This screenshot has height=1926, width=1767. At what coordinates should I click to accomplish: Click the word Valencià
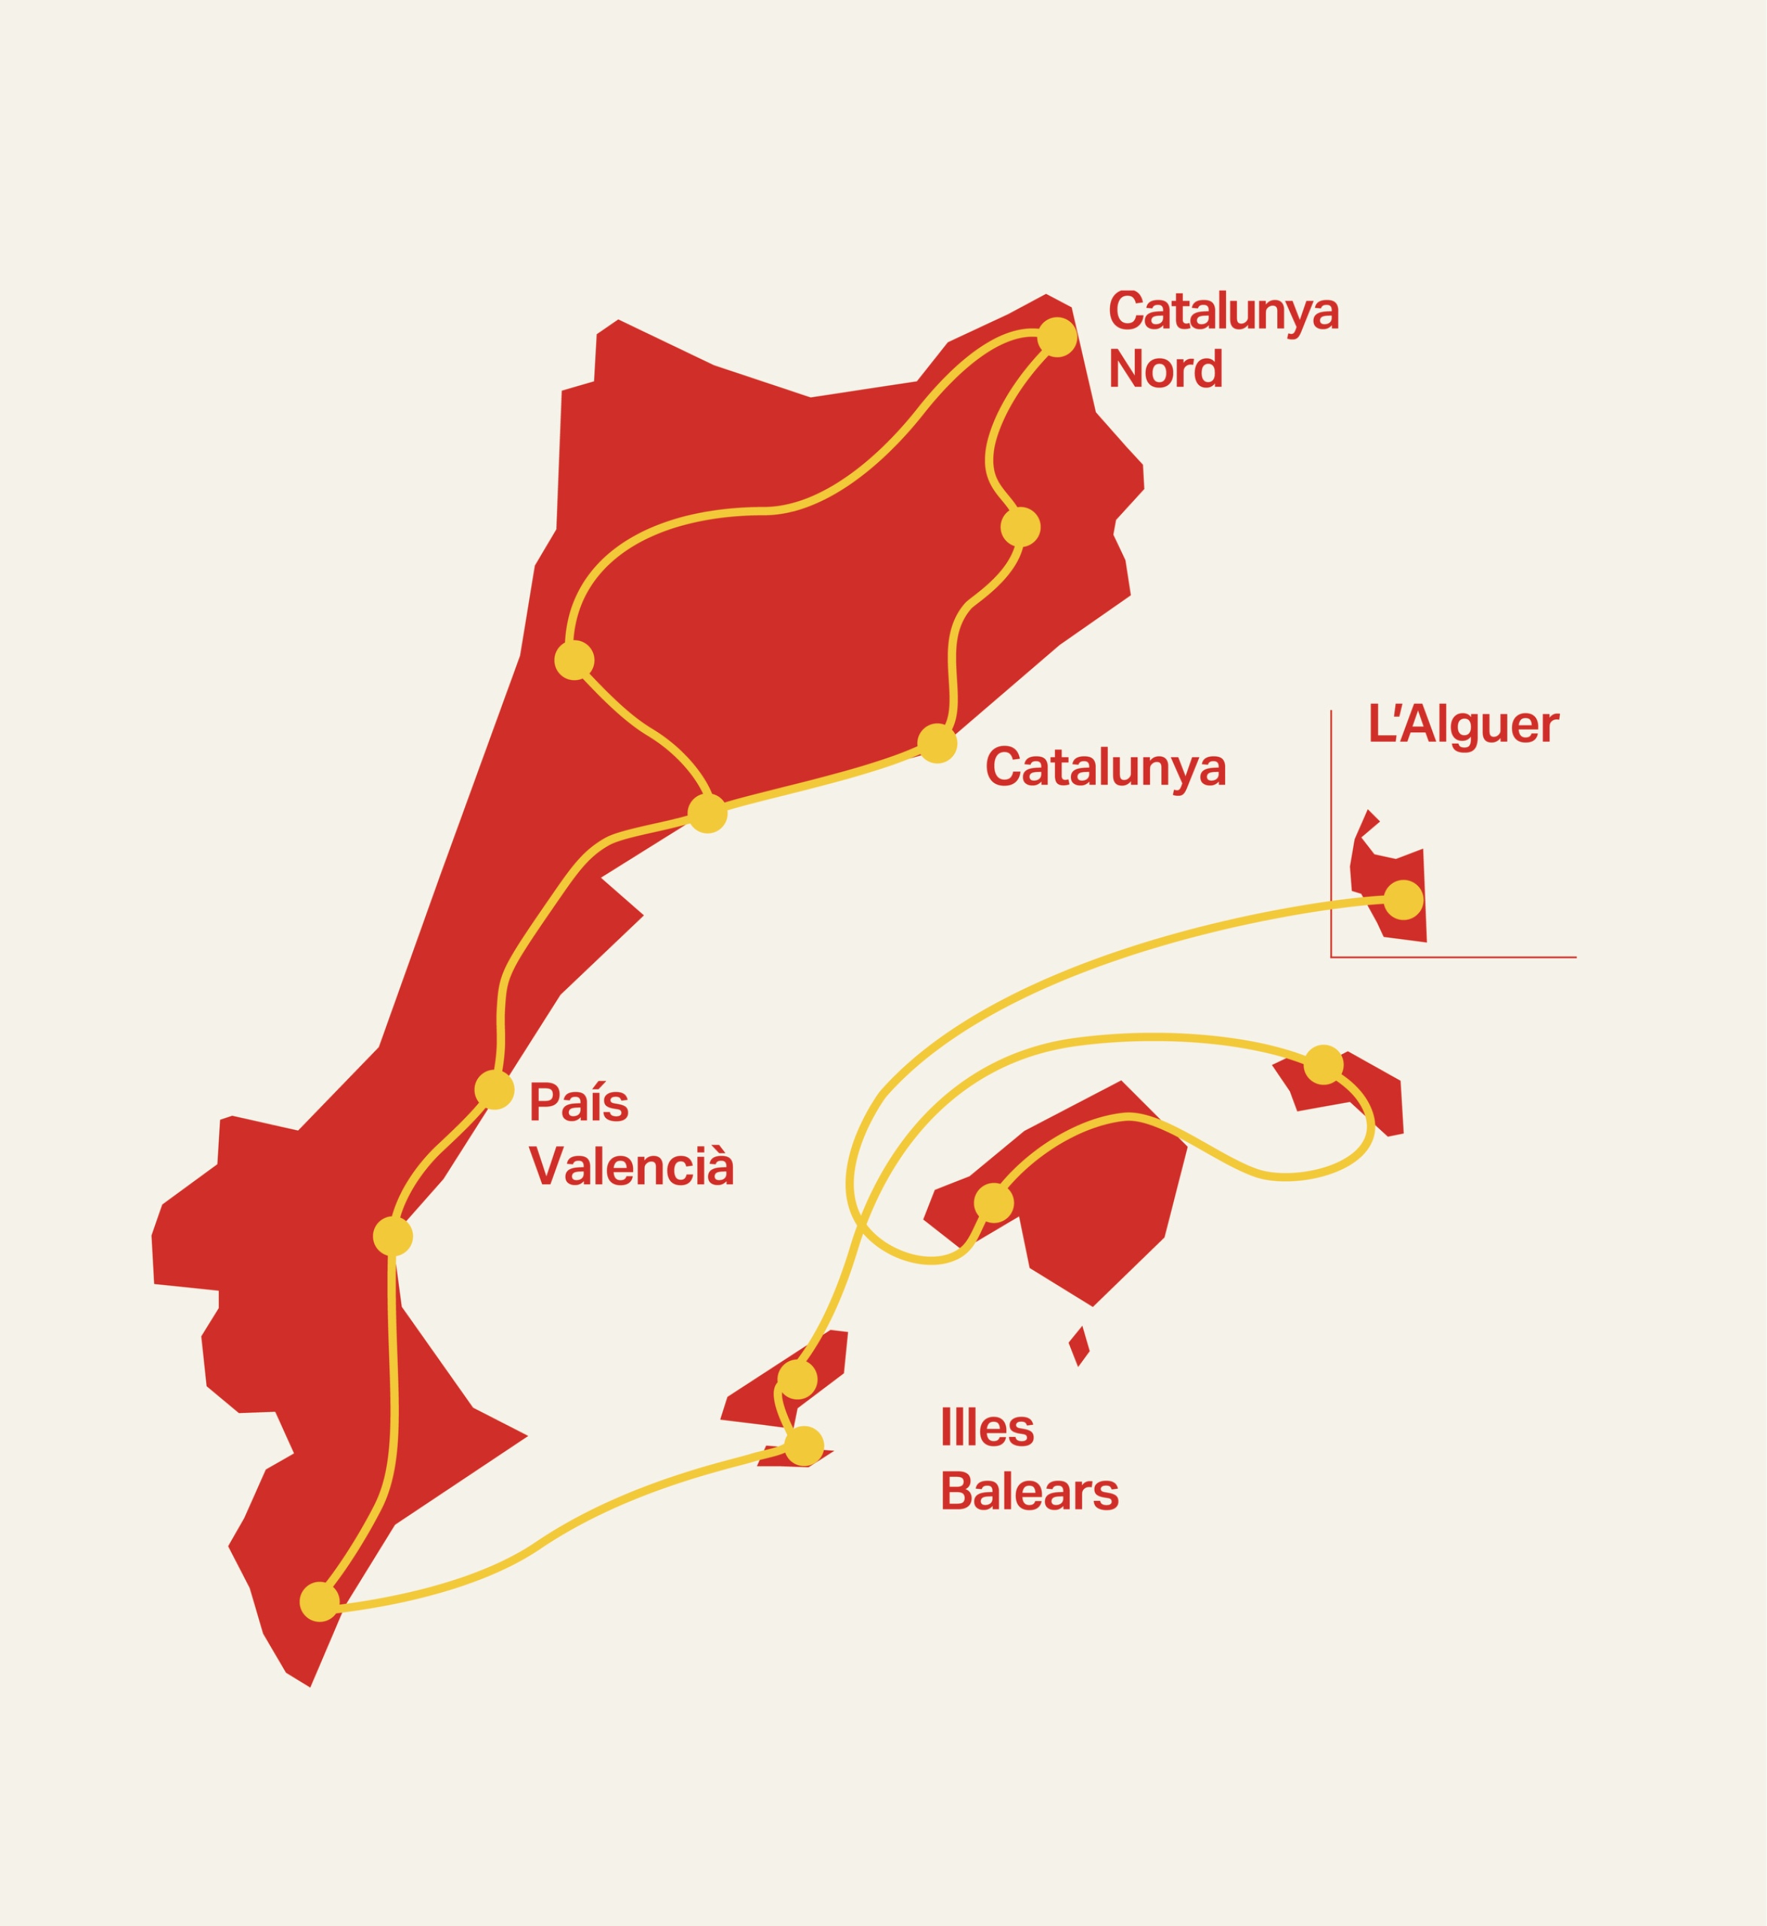coord(631,1166)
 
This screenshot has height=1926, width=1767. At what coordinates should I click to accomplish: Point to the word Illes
coord(987,1427)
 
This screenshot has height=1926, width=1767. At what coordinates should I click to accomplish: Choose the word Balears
coord(1029,1491)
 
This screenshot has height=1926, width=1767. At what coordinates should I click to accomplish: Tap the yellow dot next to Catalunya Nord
coord(1057,336)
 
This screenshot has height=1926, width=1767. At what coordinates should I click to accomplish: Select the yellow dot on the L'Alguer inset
coord(1403,900)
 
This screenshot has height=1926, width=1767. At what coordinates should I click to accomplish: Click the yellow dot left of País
coord(494,1089)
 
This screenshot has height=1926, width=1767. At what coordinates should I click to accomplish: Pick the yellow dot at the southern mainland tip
coord(319,1602)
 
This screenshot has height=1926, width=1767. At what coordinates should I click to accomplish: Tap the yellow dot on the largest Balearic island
coord(993,1202)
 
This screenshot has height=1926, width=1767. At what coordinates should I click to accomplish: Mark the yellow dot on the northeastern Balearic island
coord(1323,1065)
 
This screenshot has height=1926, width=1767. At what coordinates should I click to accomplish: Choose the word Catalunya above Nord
coord(1223,311)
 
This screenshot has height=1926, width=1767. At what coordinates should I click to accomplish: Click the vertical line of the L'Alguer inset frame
coord(1331,831)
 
